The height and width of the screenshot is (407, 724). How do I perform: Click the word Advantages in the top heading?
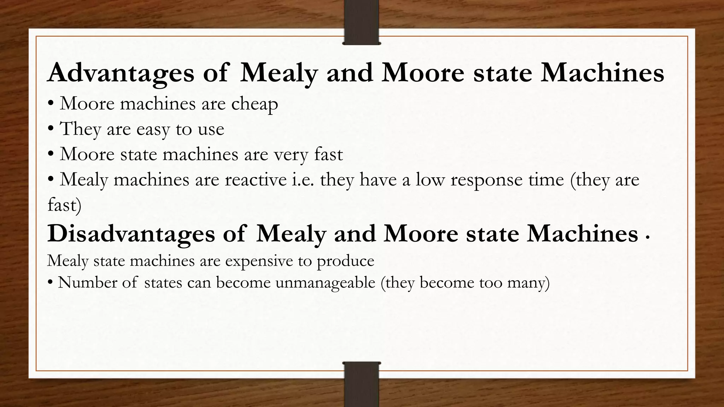click(x=121, y=73)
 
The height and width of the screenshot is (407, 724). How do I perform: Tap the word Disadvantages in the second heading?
click(x=131, y=234)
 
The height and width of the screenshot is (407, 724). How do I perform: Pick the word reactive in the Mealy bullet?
click(x=256, y=180)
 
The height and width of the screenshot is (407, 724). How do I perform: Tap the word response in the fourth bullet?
click(x=487, y=180)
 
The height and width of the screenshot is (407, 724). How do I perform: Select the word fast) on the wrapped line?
click(x=64, y=205)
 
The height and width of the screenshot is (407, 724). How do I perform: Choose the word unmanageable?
click(x=325, y=283)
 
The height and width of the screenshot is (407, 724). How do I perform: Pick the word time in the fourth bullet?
click(x=546, y=180)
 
